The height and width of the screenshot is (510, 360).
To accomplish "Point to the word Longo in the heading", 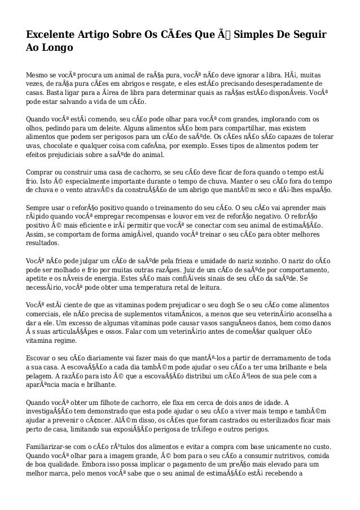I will click(57, 49).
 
